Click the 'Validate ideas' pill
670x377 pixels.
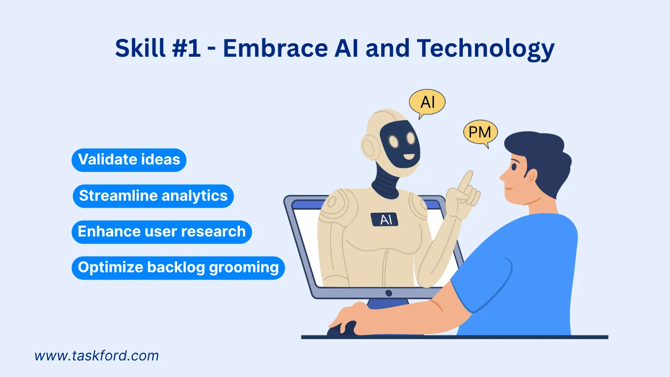[x=129, y=160]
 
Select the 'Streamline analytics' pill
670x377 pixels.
[x=153, y=196]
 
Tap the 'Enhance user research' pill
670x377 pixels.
[x=162, y=232]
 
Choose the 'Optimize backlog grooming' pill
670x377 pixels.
[x=178, y=267]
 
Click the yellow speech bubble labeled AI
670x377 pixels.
[x=427, y=103]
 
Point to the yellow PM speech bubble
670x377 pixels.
[x=480, y=132]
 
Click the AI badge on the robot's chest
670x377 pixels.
[x=385, y=219]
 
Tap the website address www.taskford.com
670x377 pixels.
[x=96, y=356]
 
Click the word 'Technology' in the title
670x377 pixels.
[x=485, y=48]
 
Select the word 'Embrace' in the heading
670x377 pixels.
[x=275, y=48]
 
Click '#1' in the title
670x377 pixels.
[x=187, y=48]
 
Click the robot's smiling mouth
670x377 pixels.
[x=408, y=156]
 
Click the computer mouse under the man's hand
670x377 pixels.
[x=342, y=329]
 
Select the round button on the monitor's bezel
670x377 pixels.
[x=389, y=293]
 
